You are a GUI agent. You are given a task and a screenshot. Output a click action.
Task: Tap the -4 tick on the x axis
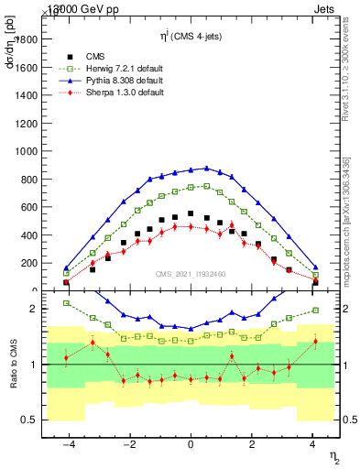point(68,445)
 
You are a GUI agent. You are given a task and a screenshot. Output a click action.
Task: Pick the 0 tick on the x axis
point(191,445)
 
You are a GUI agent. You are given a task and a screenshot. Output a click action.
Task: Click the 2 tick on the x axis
point(252,445)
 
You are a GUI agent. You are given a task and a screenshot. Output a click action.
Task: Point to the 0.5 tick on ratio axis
point(29,420)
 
